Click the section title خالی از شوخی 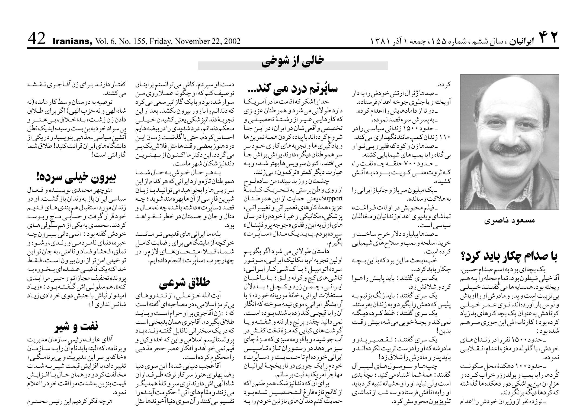coord(293,62)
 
